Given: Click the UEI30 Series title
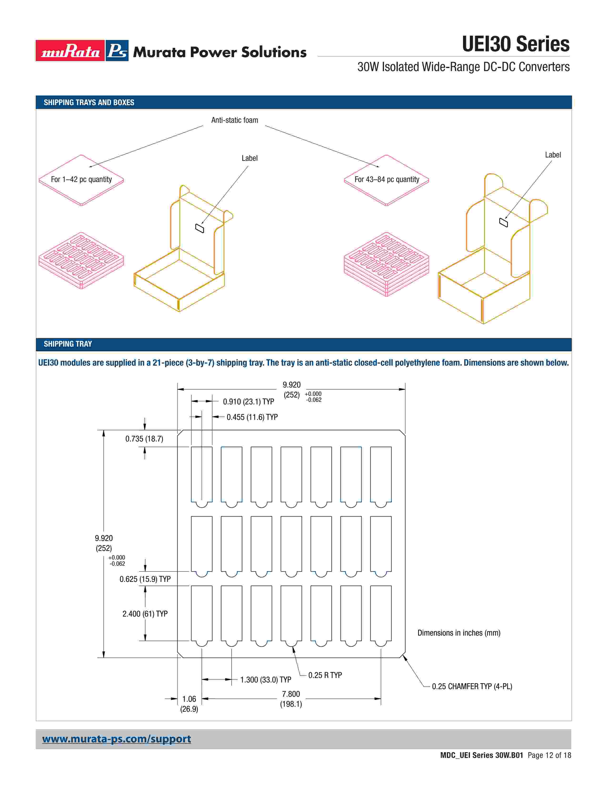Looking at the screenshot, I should pyautogui.click(x=515, y=44).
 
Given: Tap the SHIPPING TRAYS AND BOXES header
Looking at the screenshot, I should pyautogui.click(x=89, y=103).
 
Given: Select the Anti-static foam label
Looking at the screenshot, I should pyautogui.click(x=234, y=120).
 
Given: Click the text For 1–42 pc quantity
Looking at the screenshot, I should pyautogui.click(x=81, y=179).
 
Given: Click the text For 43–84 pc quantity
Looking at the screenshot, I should pyautogui.click(x=387, y=179).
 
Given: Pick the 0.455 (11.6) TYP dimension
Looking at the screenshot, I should pyautogui.click(x=252, y=417).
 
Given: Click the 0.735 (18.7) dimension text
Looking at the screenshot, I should pyautogui.click(x=144, y=439).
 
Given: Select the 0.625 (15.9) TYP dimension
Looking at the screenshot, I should pyautogui.click(x=145, y=579).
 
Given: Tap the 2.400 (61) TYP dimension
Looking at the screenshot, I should pyautogui.click(x=145, y=614).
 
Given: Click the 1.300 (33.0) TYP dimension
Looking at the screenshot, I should pyautogui.click(x=266, y=680).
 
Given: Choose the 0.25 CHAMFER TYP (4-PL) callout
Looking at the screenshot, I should pyautogui.click(x=472, y=686).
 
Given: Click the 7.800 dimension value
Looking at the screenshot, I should pyautogui.click(x=291, y=694).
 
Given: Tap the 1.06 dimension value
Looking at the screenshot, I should pyautogui.click(x=189, y=699).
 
